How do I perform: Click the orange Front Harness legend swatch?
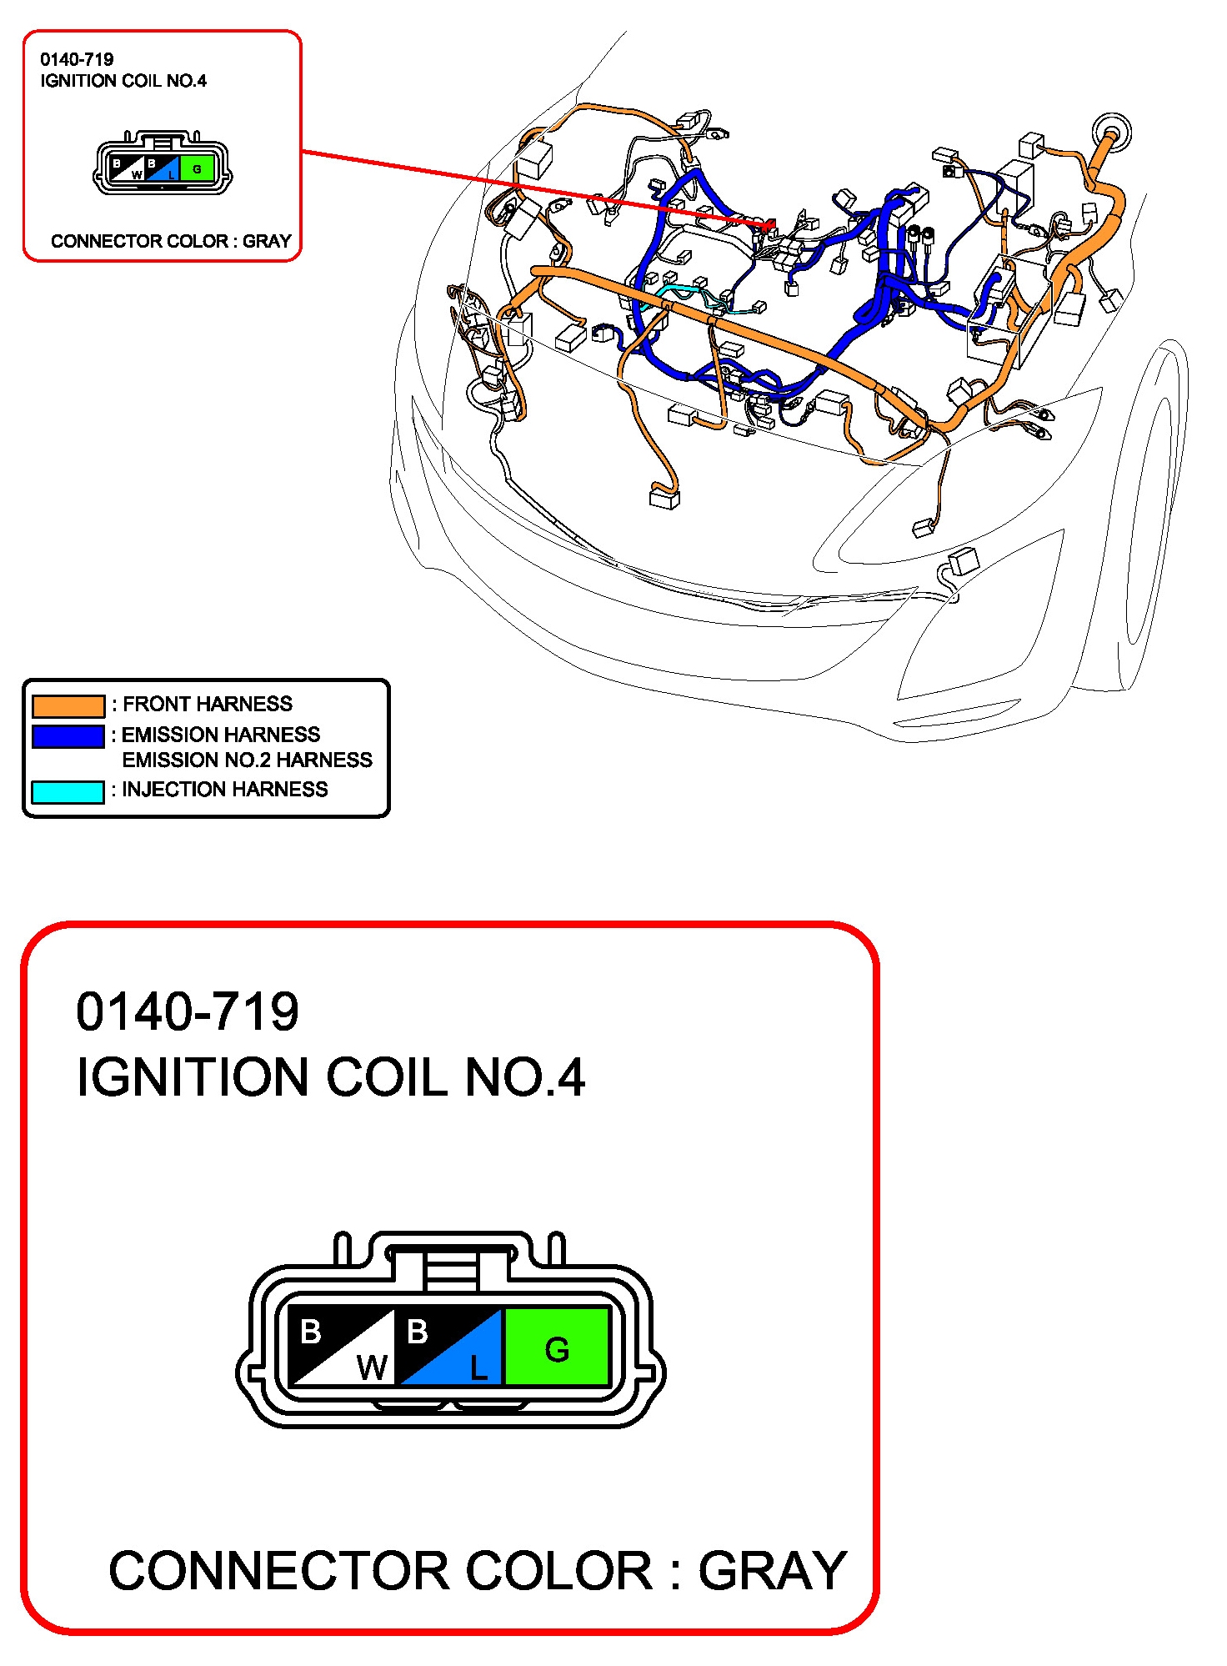tap(68, 705)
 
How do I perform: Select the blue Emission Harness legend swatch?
tap(68, 736)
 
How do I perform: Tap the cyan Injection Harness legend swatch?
tap(68, 791)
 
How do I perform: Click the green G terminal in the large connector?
tap(556, 1347)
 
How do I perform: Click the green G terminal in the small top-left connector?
tap(197, 169)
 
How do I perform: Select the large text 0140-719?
tap(188, 1011)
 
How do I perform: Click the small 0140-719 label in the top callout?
tap(77, 59)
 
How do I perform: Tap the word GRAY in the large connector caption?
tap(772, 1571)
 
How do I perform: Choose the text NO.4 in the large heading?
tap(525, 1076)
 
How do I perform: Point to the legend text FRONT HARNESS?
tap(208, 704)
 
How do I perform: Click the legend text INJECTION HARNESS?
tap(225, 789)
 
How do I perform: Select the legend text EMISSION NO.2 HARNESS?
tap(247, 760)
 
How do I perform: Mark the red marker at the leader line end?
tap(770, 223)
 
